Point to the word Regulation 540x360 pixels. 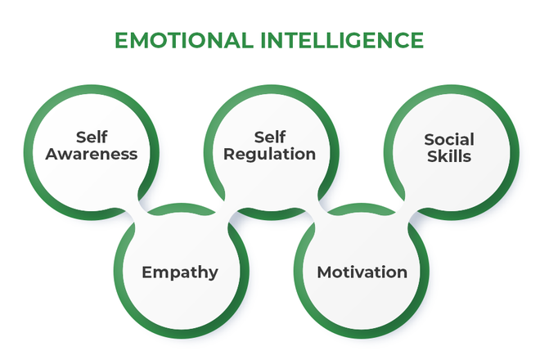271,154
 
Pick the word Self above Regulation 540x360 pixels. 271,136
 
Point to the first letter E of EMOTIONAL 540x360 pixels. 121,40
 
